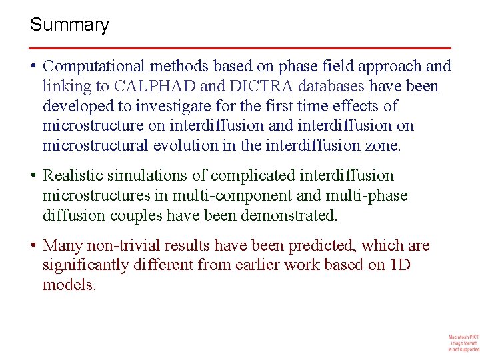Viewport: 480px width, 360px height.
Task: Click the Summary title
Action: coord(69,25)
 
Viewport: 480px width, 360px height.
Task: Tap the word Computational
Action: coord(93,66)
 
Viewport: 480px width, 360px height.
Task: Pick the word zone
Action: coord(385,145)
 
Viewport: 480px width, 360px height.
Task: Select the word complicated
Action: coord(245,175)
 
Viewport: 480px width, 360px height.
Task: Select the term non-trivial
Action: coord(118,245)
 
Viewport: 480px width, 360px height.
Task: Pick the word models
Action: coord(69,285)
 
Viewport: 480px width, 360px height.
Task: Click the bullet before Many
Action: coord(33,245)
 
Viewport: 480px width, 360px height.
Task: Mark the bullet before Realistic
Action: coord(33,175)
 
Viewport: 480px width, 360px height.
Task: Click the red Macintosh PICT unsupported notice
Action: coord(463,343)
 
